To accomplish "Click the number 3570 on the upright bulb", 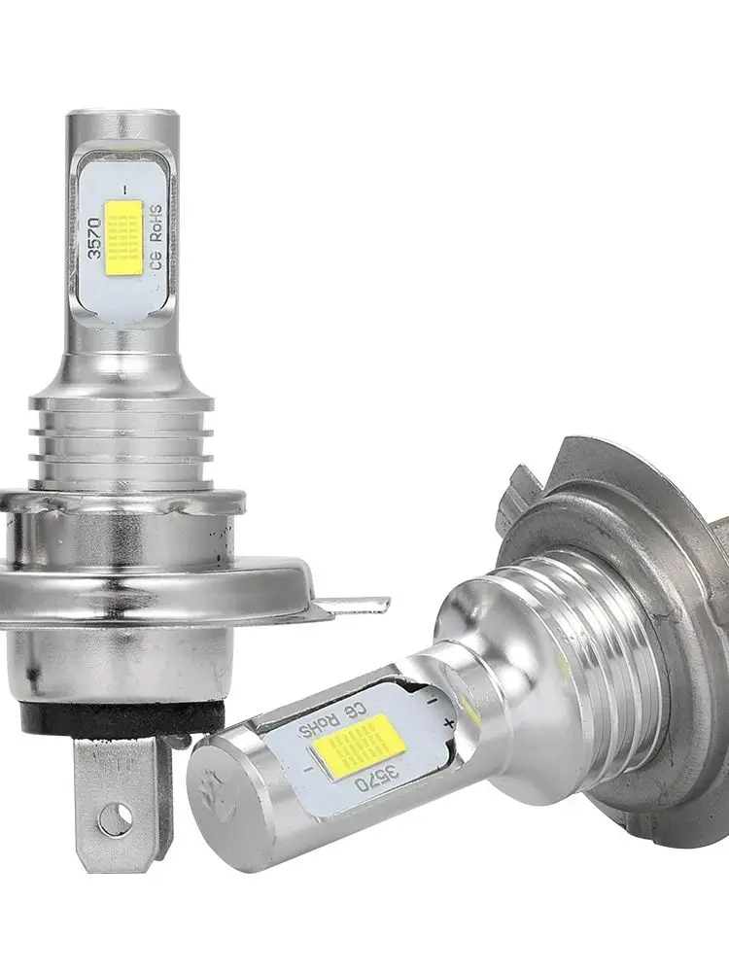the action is [95, 238].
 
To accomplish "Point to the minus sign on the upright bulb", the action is [125, 187].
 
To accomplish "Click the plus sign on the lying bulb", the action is [449, 723].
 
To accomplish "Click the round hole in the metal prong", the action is [118, 819].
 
